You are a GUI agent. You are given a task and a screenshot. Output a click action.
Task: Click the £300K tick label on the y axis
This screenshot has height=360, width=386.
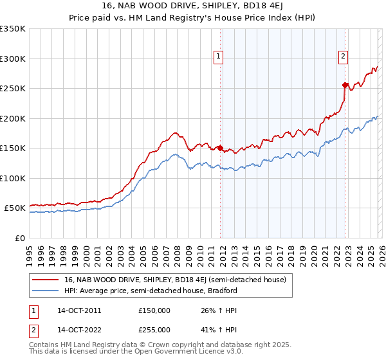pyautogui.click(x=13, y=59)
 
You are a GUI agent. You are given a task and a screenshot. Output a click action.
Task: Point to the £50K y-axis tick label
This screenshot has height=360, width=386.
pyautogui.click(x=15, y=208)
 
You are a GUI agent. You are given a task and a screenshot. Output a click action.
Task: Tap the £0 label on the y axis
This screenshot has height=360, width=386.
pyautogui.click(x=20, y=238)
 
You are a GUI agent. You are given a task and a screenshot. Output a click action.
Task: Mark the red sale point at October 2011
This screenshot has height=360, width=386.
pyautogui.click(x=220, y=148)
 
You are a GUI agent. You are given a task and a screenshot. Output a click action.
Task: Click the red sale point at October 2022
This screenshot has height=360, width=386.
pyautogui.click(x=345, y=85)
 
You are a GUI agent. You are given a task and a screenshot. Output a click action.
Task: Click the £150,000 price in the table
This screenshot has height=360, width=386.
pyautogui.click(x=155, y=310)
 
